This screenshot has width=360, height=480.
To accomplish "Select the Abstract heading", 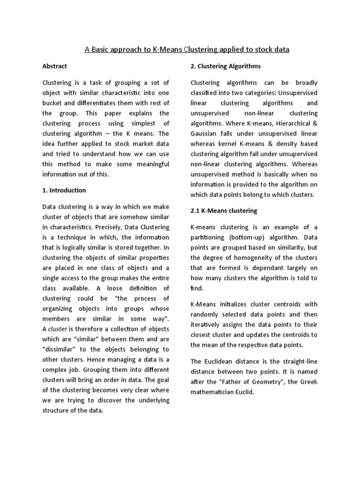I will [55, 66].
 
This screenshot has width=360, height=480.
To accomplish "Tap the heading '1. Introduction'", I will [64, 190].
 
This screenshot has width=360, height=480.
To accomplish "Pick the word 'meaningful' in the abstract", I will [150, 164].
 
